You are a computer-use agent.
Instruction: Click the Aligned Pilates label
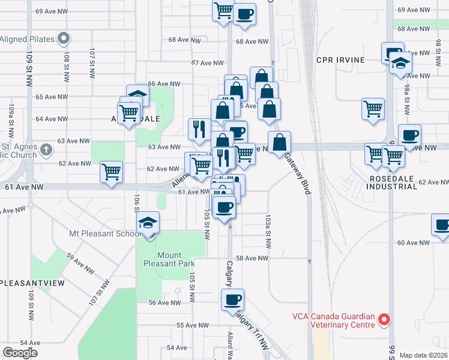28,40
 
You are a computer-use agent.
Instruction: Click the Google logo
20,352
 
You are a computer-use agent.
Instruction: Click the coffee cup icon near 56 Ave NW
232,299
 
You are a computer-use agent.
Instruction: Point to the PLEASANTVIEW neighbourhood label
32,283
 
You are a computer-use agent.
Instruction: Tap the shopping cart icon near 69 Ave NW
223,10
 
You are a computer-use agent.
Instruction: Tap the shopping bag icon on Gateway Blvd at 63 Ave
279,143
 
